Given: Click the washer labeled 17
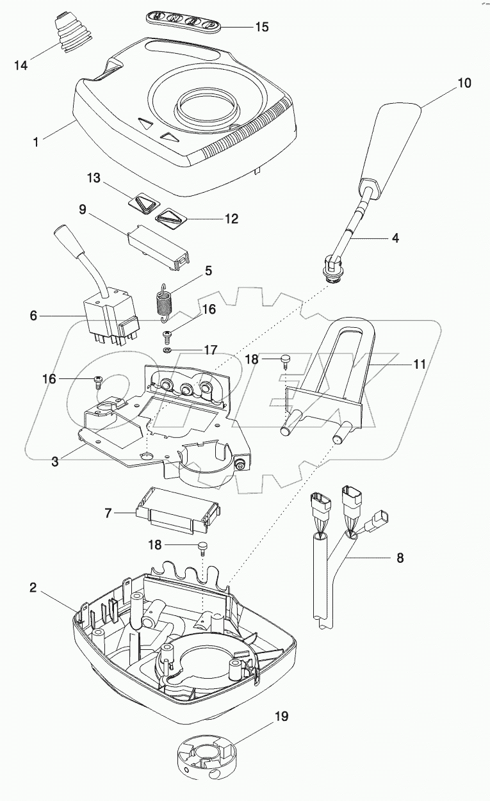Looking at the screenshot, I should [x=167, y=351].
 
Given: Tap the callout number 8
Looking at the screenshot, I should [x=400, y=557].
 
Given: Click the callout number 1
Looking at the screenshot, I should [x=35, y=142].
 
